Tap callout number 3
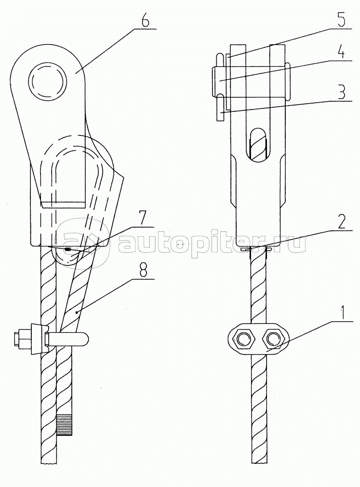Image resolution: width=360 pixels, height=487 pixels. pos(340,92)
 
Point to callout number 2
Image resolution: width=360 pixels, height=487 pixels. pos(340,221)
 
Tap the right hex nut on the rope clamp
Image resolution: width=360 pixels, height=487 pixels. pos(274,339)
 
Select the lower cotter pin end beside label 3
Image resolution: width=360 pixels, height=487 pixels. pos(220,108)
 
